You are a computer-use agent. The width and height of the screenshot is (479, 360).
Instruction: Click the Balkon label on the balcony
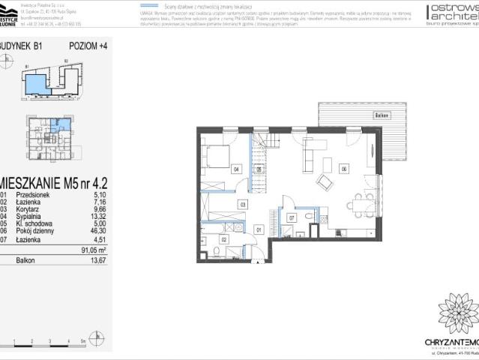pos(381,115)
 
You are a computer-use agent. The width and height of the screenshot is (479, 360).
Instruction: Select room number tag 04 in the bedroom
pos(235,169)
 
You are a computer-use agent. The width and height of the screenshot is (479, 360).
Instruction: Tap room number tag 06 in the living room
pos(343,168)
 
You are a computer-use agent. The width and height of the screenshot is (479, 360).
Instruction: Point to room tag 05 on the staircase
pos(259,170)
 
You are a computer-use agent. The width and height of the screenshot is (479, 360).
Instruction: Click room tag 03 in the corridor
pos(242,203)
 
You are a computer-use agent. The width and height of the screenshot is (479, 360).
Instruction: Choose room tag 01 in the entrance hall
pos(259,229)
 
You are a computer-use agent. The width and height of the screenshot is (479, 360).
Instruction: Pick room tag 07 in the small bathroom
pos(291,218)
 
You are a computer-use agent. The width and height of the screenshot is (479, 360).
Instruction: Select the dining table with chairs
pos(360,201)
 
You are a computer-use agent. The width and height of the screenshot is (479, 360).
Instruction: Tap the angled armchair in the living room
pos(325,181)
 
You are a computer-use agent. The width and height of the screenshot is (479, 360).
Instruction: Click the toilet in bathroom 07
pos(310,217)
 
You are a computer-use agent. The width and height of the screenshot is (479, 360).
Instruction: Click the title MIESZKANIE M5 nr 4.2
pos(56,181)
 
